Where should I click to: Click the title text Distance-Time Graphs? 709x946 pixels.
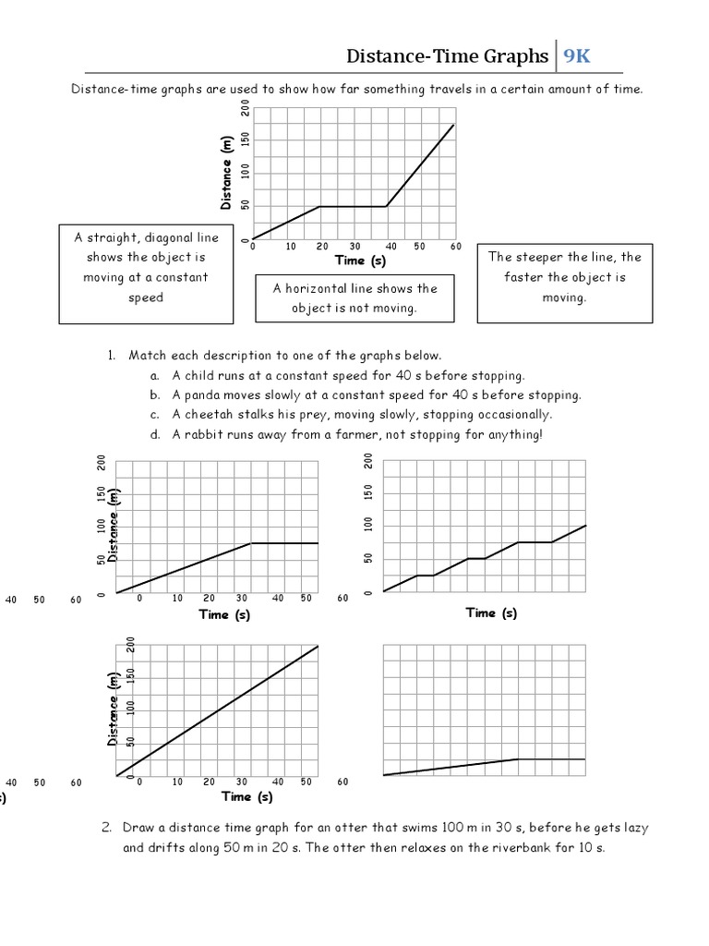pyautogui.click(x=447, y=57)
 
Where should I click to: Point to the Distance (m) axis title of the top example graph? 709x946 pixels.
pyautogui.click(x=226, y=173)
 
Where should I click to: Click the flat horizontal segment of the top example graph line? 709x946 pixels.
pyautogui.click(x=353, y=206)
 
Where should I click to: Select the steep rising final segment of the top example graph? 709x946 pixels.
pyautogui.click(x=420, y=165)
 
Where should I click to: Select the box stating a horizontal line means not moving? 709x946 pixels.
pyautogui.click(x=354, y=297)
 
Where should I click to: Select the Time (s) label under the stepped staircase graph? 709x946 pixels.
pyautogui.click(x=491, y=612)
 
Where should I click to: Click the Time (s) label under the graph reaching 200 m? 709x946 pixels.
pyautogui.click(x=247, y=796)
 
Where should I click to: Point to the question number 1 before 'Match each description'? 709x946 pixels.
pyautogui.click(x=110, y=356)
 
